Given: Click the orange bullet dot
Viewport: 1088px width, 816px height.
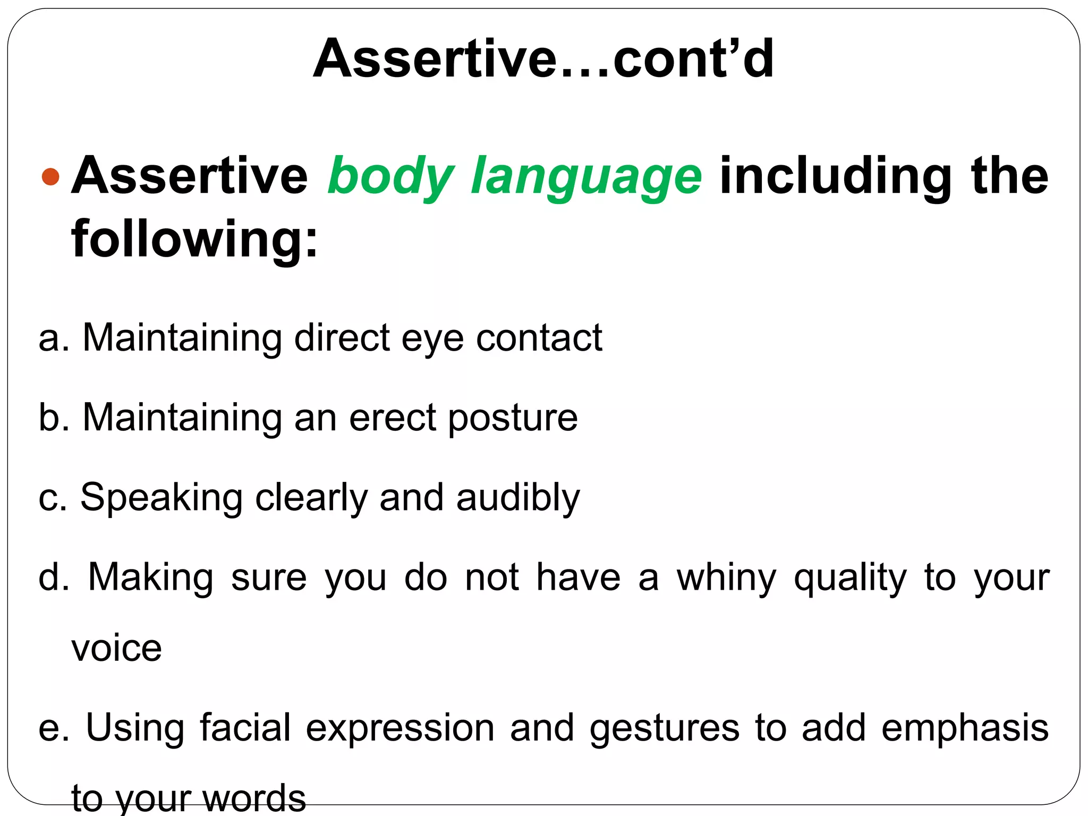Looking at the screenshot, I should [x=50, y=176].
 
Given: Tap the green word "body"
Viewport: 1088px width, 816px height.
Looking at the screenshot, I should [x=390, y=176].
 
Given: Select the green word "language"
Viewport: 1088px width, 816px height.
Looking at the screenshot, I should [x=586, y=176].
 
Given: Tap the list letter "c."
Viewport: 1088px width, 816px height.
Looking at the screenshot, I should [x=53, y=498].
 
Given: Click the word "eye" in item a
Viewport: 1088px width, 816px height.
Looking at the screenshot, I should [x=432, y=339].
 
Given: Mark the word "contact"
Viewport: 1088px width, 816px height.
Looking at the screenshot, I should [x=539, y=338].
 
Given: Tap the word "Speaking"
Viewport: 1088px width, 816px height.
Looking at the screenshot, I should [x=161, y=498].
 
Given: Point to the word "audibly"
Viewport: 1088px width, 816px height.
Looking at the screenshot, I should [x=518, y=498].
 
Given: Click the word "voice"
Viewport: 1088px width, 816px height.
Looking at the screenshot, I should [x=116, y=649].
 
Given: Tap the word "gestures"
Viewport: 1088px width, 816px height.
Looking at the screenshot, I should [x=664, y=729].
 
